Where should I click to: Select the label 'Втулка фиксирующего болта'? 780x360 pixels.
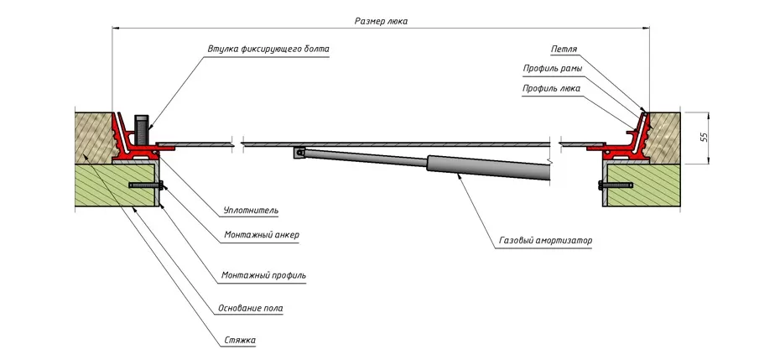click(x=268, y=49)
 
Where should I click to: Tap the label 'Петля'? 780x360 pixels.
click(x=564, y=50)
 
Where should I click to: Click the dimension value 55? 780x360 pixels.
click(x=704, y=137)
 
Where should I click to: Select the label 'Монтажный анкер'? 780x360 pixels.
click(x=261, y=235)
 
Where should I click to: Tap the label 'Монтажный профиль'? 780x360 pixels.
click(x=263, y=274)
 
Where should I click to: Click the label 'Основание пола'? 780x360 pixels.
click(x=252, y=308)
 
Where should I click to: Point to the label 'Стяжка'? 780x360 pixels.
click(x=240, y=340)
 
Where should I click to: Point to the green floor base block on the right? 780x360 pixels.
click(x=642, y=184)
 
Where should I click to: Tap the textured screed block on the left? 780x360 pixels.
click(x=91, y=134)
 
